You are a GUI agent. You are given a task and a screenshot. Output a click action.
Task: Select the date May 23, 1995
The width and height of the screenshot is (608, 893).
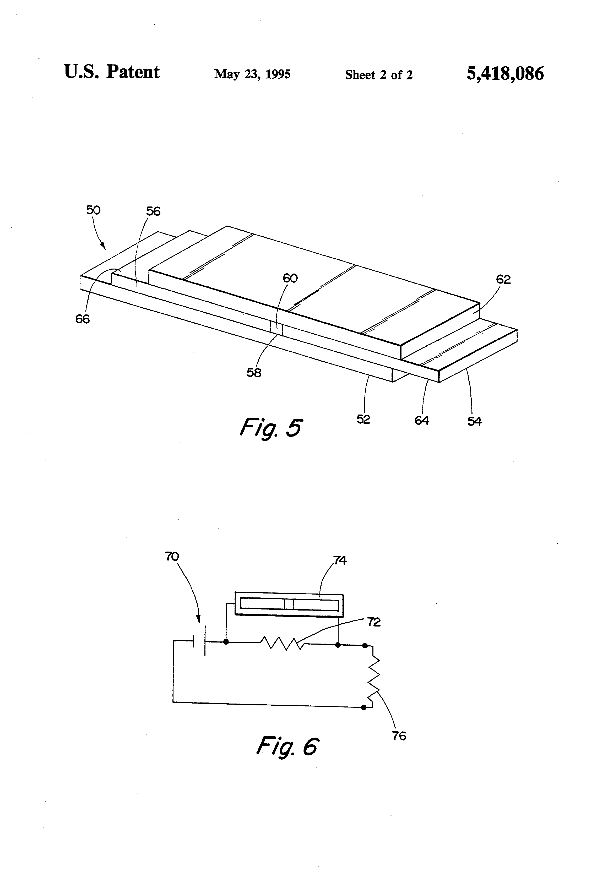(x=252, y=74)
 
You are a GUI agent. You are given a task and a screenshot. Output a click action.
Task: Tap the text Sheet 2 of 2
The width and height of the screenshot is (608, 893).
(x=379, y=74)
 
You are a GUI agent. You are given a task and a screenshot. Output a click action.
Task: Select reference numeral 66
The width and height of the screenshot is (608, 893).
(x=82, y=319)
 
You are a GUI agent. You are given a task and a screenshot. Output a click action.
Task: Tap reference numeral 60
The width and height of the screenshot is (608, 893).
(x=290, y=278)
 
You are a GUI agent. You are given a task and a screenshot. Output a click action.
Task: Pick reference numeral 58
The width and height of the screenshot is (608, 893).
(x=254, y=372)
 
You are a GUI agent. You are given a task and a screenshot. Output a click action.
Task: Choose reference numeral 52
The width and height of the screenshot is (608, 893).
(x=363, y=419)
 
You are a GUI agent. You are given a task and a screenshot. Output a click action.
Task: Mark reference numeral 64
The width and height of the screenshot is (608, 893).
(x=422, y=420)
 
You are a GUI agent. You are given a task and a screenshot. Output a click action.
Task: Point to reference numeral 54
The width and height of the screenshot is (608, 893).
(x=474, y=422)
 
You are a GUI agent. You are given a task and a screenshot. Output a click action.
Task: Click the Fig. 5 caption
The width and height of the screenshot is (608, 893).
(x=271, y=428)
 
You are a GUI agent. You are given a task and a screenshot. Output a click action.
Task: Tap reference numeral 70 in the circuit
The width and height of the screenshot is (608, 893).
(x=172, y=556)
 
